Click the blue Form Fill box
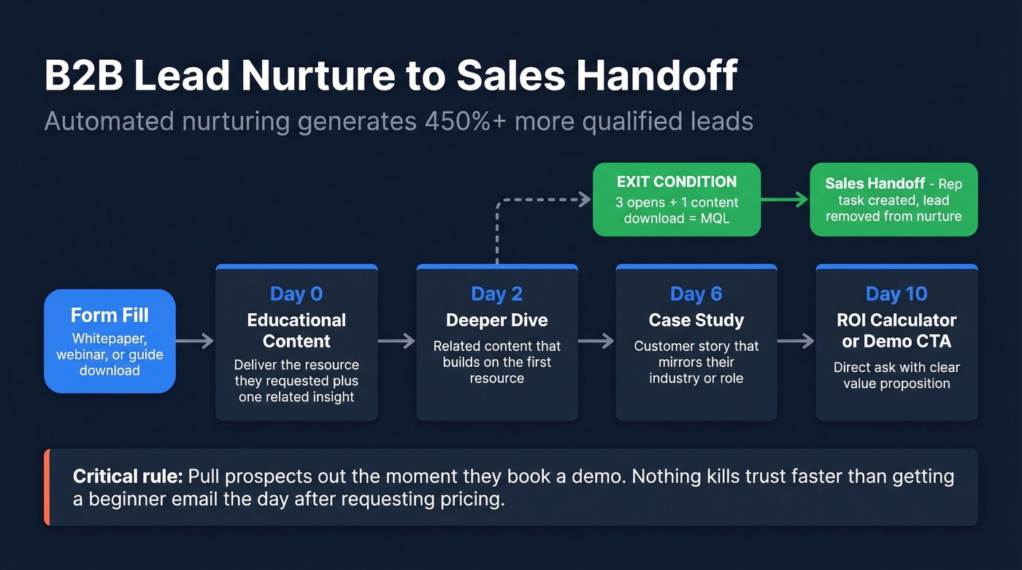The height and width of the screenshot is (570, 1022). tap(109, 341)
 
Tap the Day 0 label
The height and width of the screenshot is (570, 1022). tap(296, 294)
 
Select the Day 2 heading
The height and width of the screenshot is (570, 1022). tap(496, 294)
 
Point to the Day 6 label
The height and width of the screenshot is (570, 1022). tap(696, 294)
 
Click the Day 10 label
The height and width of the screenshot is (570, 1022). tap(896, 294)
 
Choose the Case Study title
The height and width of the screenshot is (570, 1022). tap(696, 320)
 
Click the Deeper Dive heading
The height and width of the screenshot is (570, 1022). tap(496, 320)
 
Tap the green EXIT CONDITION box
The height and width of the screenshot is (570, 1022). tap(676, 199)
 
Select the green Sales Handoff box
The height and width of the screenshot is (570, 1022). tap(894, 199)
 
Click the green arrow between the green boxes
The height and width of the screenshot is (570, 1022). tap(785, 199)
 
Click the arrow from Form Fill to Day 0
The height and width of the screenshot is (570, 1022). tap(195, 341)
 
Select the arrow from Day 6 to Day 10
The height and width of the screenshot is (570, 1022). tap(796, 341)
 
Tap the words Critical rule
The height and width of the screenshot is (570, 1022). tap(128, 477)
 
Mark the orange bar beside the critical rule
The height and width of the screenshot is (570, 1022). tap(47, 487)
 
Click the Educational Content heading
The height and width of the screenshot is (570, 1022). tap(296, 331)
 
